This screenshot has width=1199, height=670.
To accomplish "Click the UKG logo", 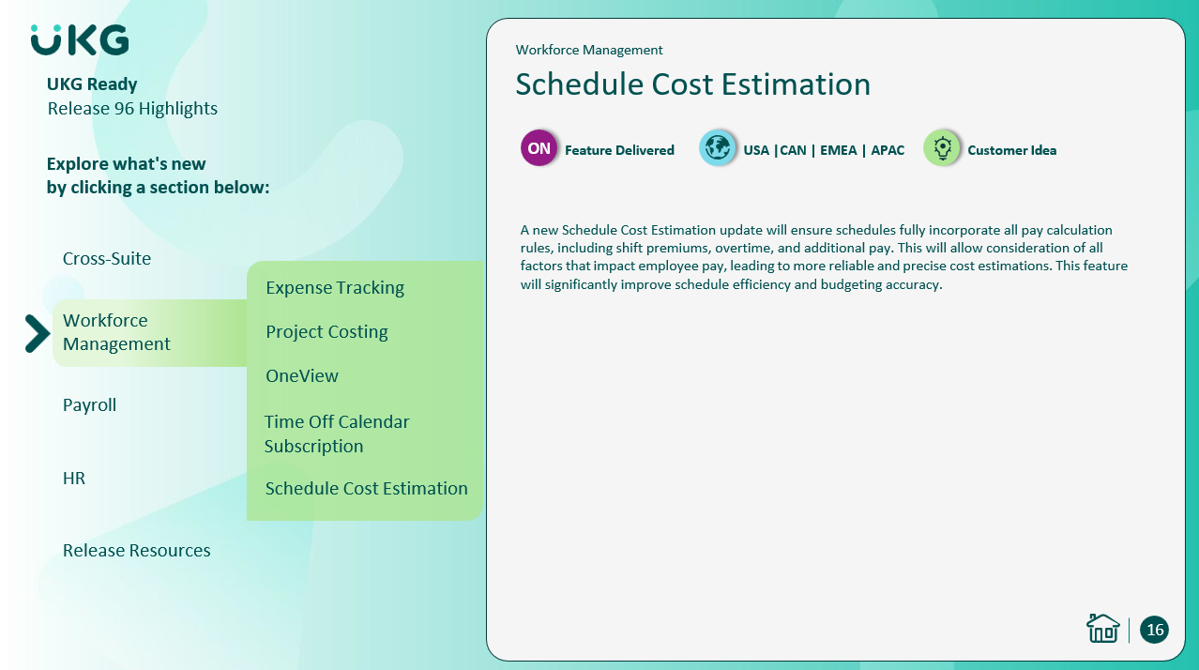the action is tap(80, 39).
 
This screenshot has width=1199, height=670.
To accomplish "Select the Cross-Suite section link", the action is tap(107, 259).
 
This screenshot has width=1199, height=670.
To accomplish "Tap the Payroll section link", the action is tap(89, 405).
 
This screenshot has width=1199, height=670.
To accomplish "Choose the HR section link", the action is tap(74, 478).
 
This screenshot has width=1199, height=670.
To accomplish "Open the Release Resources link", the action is tap(136, 551).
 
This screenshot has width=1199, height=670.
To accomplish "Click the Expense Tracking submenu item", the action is tap(335, 288).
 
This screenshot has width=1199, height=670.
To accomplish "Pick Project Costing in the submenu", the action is tap(326, 332).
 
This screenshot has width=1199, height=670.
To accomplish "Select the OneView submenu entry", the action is tap(302, 376).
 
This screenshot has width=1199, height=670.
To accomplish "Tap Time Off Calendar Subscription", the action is tap(337, 434).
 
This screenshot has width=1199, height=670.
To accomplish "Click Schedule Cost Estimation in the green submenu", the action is tap(367, 489).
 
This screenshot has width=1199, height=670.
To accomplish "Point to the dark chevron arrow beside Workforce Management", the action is tap(38, 334).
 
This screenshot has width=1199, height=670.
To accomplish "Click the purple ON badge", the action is tap(539, 148).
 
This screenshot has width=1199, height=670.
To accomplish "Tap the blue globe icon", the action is tap(717, 148).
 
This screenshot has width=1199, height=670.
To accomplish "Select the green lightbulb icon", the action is tap(942, 148).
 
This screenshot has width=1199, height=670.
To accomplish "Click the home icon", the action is tap(1102, 628).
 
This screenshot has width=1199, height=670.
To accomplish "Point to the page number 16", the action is tap(1154, 630).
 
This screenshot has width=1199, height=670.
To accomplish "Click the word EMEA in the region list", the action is tap(838, 150).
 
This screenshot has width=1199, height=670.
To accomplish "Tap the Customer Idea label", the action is tap(1011, 150).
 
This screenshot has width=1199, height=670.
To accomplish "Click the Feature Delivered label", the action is tap(619, 150).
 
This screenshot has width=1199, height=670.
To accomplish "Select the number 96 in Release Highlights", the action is tap(124, 109).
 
